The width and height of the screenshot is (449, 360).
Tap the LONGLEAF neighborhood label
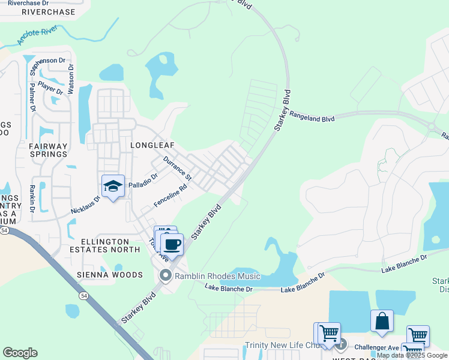(x=151, y=145)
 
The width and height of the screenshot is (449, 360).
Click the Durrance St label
(x=177, y=169)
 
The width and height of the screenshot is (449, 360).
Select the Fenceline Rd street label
(x=170, y=196)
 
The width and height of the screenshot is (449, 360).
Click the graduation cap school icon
(x=112, y=187)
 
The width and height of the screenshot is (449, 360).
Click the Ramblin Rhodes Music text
(x=217, y=276)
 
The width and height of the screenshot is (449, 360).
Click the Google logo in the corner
(x=20, y=353)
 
